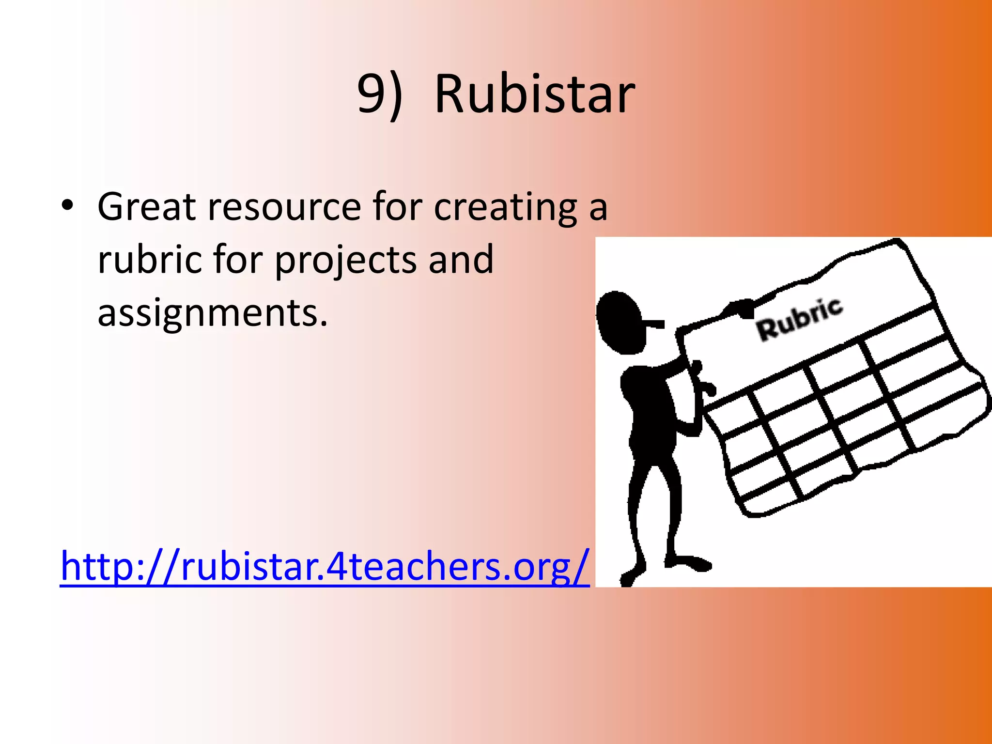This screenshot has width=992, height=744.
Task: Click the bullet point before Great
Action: pos(67,205)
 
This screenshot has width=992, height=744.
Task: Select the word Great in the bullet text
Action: pos(146,206)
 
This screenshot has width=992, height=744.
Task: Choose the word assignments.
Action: pos(212,314)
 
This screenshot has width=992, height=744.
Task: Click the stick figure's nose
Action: pos(654,323)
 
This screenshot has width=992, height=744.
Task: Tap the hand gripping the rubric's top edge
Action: pos(738,308)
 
